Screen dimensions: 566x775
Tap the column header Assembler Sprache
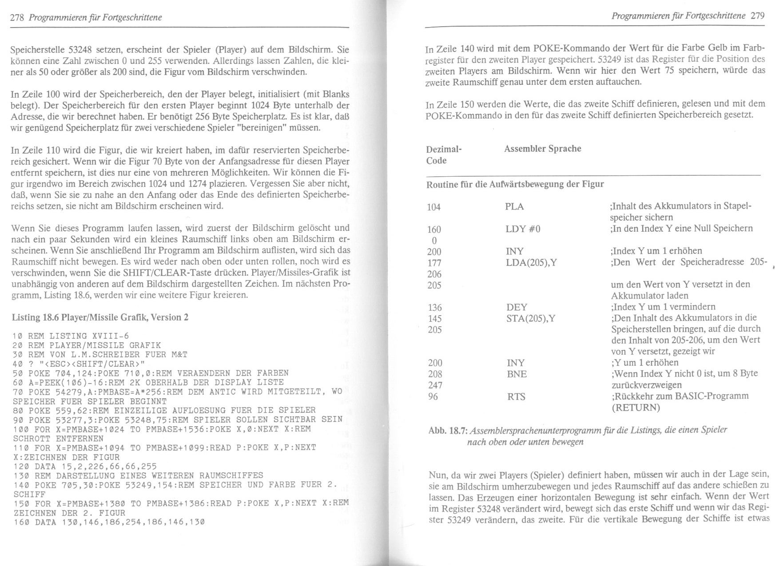click(542, 148)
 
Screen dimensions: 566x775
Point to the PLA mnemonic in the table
click(514, 206)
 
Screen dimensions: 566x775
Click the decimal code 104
click(433, 207)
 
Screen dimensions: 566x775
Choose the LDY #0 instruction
click(523, 229)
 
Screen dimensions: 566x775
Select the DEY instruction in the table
click(517, 307)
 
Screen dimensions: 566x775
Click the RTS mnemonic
click(516, 396)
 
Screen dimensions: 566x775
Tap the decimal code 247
click(435, 385)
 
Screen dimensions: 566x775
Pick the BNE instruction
click(517, 374)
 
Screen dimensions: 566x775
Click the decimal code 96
click(433, 396)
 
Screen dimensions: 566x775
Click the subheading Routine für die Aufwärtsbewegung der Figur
click(515, 184)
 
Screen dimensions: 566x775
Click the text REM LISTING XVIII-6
click(78, 336)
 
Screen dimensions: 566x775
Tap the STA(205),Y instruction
click(530, 318)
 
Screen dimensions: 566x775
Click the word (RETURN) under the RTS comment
click(636, 408)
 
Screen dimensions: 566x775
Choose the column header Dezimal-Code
click(443, 154)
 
